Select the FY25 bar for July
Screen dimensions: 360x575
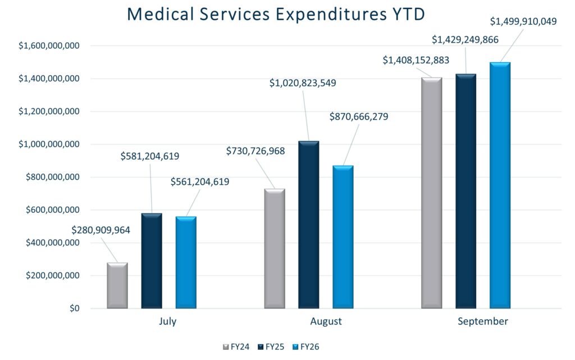pyautogui.click(x=152, y=261)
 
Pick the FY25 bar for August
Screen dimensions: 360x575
pyautogui.click(x=308, y=225)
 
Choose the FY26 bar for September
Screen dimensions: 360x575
pyautogui.click(x=500, y=185)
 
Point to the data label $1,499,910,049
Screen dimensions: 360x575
pyautogui.click(x=523, y=22)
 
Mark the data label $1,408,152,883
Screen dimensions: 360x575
pyautogui.click(x=416, y=60)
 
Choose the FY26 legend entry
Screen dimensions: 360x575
pyautogui.click(x=307, y=347)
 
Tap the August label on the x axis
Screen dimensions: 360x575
pyautogui.click(x=326, y=322)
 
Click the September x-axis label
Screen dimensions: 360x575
pyautogui.click(x=482, y=322)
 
